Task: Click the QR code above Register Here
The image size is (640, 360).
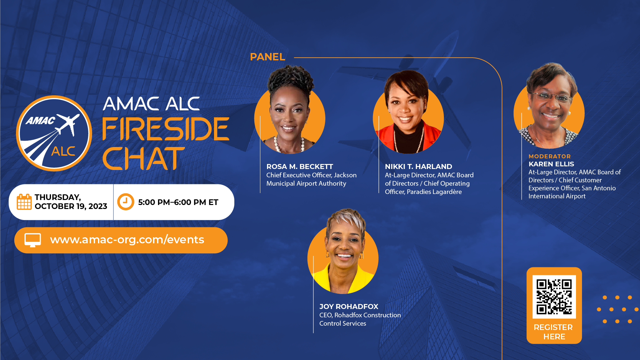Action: point(554,297)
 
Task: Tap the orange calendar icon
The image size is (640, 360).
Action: point(24,202)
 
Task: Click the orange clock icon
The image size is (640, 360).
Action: point(126,202)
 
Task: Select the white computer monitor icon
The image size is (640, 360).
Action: point(33,240)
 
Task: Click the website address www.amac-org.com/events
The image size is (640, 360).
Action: point(127,240)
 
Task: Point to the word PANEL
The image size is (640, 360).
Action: point(267,57)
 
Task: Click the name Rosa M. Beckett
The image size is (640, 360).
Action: point(300,167)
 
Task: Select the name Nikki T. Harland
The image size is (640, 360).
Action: point(418,167)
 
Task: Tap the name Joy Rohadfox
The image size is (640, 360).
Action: point(349,307)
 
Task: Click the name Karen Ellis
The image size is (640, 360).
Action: point(551,164)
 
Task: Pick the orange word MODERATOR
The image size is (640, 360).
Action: point(550,156)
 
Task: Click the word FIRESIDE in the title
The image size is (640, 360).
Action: point(166,129)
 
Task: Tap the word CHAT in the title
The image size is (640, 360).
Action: point(143,158)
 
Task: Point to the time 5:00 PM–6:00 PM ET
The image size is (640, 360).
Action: point(178,202)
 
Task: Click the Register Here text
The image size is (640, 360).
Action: point(553,332)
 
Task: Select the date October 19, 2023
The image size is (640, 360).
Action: point(71,206)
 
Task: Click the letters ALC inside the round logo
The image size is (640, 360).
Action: point(63,151)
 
